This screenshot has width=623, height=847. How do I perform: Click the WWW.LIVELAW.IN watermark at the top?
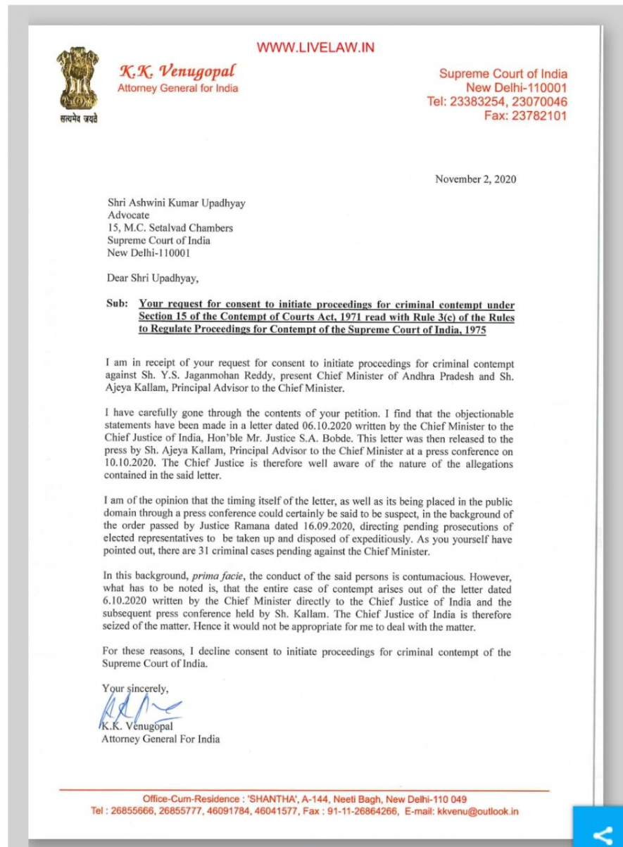pos(315,48)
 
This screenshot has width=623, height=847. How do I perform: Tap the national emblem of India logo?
pos(77,79)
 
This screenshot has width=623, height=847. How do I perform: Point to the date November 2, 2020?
pos(476,179)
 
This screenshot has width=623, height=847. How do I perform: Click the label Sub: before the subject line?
pos(116,305)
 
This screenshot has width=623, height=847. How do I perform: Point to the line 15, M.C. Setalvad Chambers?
pos(170,227)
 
